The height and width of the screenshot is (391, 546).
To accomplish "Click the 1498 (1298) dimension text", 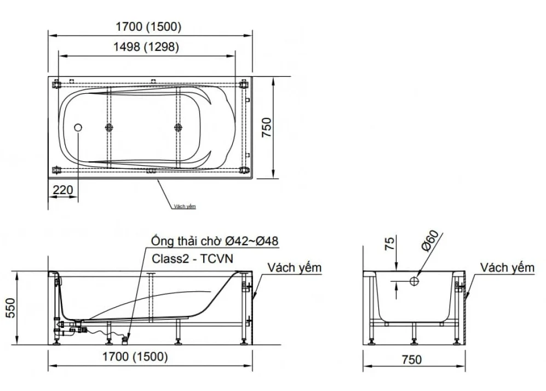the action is [146, 47].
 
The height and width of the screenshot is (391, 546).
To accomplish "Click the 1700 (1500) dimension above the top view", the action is [148, 26].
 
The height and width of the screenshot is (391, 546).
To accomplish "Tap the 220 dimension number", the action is [62, 190].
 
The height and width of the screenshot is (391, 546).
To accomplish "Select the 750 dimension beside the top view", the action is [267, 127].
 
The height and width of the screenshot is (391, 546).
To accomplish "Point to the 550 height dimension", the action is [11, 308].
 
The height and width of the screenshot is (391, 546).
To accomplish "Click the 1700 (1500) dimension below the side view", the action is [135, 356].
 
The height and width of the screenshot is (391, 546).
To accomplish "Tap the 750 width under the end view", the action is [412, 360].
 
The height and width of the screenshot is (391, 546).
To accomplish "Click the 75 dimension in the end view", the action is [390, 243].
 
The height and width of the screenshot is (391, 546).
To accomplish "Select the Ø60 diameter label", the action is [430, 241].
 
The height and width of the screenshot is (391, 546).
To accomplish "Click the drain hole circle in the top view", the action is [78, 128].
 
